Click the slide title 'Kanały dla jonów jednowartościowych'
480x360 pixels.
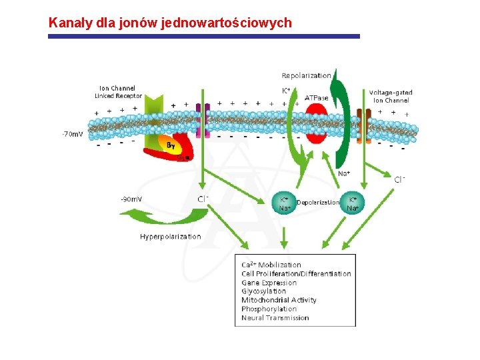170,23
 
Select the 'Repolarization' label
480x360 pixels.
306,76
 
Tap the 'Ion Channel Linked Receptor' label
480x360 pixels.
118,92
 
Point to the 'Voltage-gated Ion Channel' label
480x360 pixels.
390,97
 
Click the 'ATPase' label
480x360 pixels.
317,98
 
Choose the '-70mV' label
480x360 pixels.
73,135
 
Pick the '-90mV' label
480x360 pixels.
131,199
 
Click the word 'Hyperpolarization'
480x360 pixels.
170,237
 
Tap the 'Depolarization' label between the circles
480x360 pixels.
317,203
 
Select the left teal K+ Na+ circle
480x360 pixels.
285,203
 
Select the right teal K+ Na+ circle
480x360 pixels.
353,203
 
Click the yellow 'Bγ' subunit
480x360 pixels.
171,143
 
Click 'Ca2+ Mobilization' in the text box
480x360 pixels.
271,265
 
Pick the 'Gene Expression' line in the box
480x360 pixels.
269,283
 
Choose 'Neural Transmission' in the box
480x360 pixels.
275,318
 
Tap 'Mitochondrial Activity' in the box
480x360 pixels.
279,300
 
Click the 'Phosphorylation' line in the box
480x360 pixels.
269,309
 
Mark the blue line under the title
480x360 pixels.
204,36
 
